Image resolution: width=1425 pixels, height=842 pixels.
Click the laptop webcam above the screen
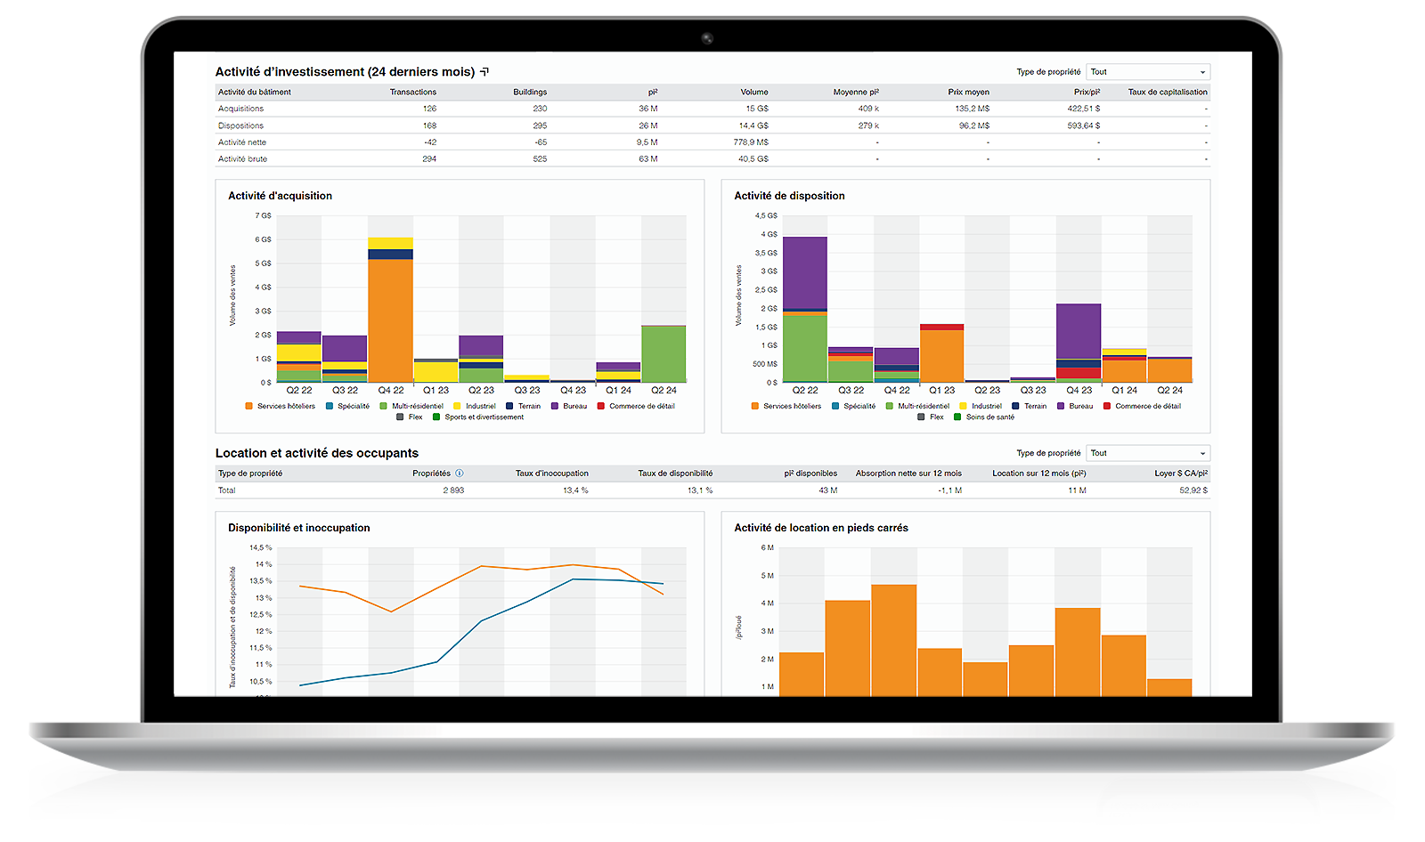(706, 38)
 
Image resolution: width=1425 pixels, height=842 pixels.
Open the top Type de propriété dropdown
(1148, 72)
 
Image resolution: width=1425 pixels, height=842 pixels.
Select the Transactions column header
(413, 92)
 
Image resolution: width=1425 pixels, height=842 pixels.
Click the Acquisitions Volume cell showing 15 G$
(757, 109)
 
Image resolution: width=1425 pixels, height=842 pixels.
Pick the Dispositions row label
(240, 125)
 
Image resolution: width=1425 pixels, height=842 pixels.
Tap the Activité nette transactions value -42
(430, 142)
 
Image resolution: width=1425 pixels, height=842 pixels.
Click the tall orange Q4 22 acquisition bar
(390, 320)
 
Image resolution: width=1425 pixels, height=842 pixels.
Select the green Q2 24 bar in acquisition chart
(664, 354)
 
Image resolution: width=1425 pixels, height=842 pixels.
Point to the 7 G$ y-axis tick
(264, 215)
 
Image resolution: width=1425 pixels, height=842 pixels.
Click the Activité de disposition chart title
(789, 196)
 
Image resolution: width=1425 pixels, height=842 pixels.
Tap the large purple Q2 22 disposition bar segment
(804, 271)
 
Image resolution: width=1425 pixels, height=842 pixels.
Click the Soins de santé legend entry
(989, 417)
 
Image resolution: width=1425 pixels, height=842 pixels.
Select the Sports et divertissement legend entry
(484, 417)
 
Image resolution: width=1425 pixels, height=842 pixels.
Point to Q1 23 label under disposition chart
(941, 390)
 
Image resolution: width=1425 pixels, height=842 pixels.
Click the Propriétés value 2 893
(453, 490)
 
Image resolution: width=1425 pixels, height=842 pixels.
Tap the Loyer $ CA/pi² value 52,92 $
(1193, 490)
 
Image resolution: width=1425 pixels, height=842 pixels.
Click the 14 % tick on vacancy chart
(264, 564)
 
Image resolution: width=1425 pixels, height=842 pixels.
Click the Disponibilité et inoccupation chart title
(298, 528)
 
